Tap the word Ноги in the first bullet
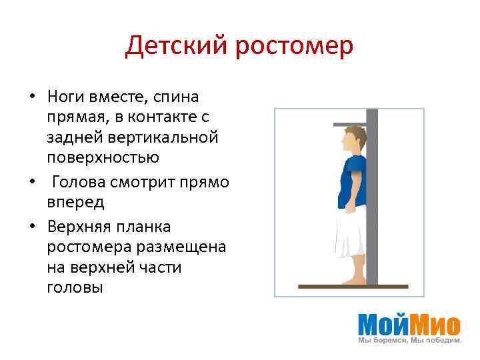pos(64,97)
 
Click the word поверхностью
pos(103,157)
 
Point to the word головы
pos(75,287)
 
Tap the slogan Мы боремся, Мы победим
pos(409,341)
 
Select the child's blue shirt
pos(351,180)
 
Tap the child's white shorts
pos(351,230)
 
